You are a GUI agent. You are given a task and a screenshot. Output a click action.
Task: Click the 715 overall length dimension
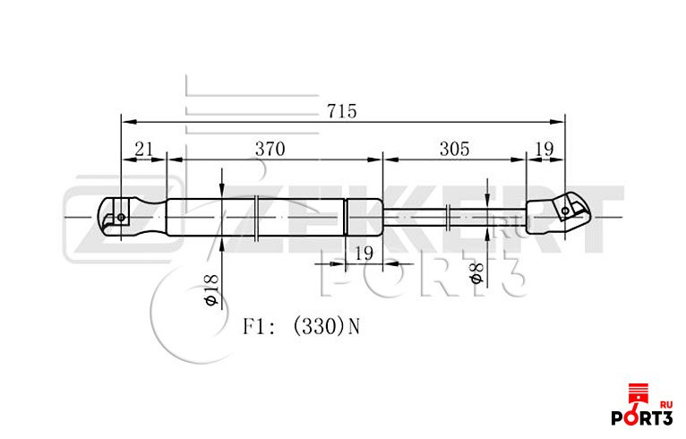pyautogui.click(x=342, y=111)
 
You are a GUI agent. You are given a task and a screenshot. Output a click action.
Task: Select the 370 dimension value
pyautogui.click(x=270, y=150)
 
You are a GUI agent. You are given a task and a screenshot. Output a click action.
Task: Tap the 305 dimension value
pyautogui.click(x=455, y=150)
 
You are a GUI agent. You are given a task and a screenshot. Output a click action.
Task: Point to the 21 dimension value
pyautogui.click(x=144, y=150)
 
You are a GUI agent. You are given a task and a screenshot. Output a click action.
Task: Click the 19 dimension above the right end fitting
pyautogui.click(x=545, y=150)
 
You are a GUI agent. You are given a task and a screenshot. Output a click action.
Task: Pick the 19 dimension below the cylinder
pyautogui.click(x=364, y=254)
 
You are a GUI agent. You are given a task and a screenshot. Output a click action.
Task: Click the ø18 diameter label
pyautogui.click(x=210, y=289)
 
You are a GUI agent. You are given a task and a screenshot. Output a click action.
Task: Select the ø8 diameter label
pyautogui.click(x=476, y=272)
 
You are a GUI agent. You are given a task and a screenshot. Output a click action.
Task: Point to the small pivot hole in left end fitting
pyautogui.click(x=121, y=217)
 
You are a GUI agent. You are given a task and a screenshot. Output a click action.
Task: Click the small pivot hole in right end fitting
pyautogui.click(x=565, y=211)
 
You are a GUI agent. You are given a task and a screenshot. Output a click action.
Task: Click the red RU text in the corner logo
pyautogui.click(x=666, y=405)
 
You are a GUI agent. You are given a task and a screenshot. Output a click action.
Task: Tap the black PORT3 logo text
pyautogui.click(x=642, y=418)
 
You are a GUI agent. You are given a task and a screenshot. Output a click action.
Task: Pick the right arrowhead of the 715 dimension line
pyautogui.click(x=557, y=122)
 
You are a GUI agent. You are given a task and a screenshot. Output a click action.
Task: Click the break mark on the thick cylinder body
pyautogui.click(x=257, y=218)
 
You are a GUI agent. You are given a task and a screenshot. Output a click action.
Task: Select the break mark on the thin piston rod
pyautogui.click(x=448, y=218)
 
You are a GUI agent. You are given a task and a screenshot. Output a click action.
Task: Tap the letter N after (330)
pyautogui.click(x=354, y=326)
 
